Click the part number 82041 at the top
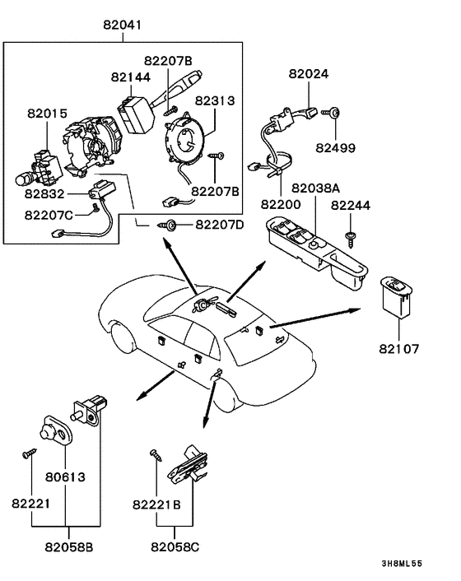click(x=123, y=25)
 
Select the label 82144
click(x=131, y=77)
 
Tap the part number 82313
click(x=215, y=100)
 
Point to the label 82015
click(x=47, y=114)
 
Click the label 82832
click(x=44, y=193)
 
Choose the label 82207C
click(x=49, y=215)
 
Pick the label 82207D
click(x=220, y=225)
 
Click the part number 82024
click(x=309, y=74)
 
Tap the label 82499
click(x=335, y=148)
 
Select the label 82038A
click(x=316, y=188)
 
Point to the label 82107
click(x=398, y=349)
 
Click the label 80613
click(x=65, y=476)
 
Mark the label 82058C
click(x=175, y=547)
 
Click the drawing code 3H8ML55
click(x=402, y=564)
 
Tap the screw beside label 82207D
click(x=167, y=225)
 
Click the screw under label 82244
click(x=350, y=239)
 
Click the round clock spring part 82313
click(x=184, y=138)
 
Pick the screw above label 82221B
click(x=156, y=455)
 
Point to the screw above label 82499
click(x=331, y=112)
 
